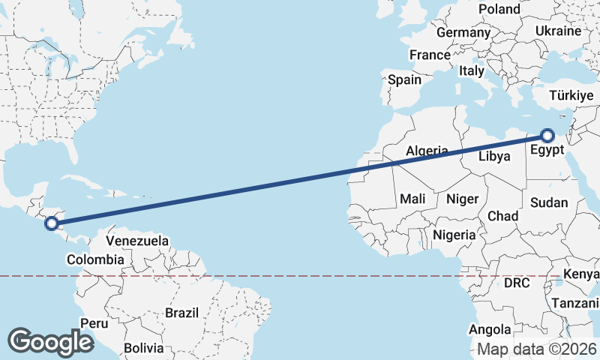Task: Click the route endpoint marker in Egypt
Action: (x=547, y=136)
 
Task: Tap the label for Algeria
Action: (x=427, y=151)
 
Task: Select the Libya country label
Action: (x=496, y=157)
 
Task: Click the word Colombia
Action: (x=95, y=259)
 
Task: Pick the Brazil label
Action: (x=181, y=313)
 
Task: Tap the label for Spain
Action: (x=404, y=79)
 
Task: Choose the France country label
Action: (x=430, y=55)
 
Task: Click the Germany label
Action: (x=463, y=33)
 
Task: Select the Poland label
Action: (x=499, y=9)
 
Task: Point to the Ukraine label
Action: (x=558, y=31)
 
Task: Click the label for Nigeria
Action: (x=454, y=235)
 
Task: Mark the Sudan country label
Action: (x=548, y=202)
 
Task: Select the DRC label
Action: (x=517, y=283)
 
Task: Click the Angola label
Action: (x=490, y=330)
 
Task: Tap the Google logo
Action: (x=50, y=342)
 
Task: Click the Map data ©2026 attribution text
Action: (x=537, y=349)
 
